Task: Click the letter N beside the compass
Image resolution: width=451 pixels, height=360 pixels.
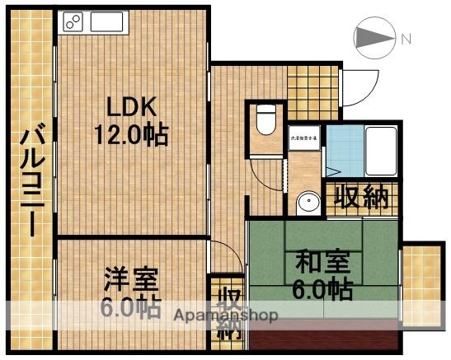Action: click(x=406, y=38)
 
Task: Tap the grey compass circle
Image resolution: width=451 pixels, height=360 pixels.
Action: click(x=369, y=38)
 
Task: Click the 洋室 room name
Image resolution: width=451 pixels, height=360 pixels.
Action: click(x=130, y=278)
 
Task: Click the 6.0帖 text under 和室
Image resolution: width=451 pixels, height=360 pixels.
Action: click(x=323, y=289)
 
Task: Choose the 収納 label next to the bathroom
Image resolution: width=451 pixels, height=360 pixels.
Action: click(x=360, y=199)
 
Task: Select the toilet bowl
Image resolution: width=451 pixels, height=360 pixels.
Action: click(x=265, y=121)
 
